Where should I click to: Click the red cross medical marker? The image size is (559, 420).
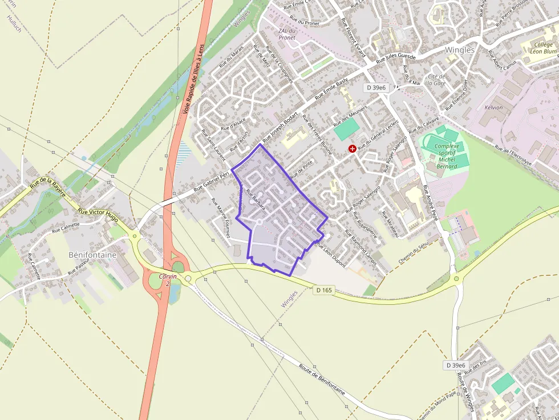[x=352, y=149]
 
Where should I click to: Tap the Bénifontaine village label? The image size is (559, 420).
[x=92, y=255]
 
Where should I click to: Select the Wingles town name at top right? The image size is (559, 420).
[x=459, y=50]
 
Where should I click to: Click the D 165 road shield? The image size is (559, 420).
[x=324, y=290]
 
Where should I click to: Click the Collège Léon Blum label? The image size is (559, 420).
[x=543, y=47]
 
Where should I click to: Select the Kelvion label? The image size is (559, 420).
[x=493, y=107]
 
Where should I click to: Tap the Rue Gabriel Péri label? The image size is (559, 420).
[x=211, y=181]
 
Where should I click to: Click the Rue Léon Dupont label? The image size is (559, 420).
[x=331, y=254]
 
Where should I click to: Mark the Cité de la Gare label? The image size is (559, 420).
[x=436, y=80]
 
